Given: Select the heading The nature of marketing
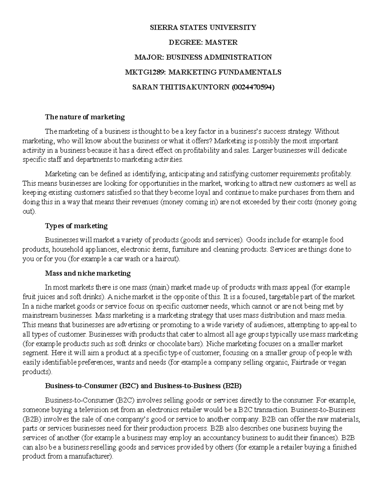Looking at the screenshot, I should [x=85, y=117].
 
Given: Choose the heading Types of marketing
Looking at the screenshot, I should [x=76, y=226].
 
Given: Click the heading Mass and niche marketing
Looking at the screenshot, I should [x=88, y=273].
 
